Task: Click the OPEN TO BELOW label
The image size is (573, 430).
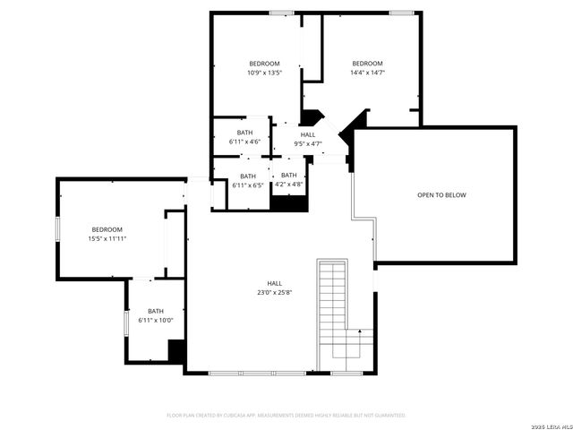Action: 441,194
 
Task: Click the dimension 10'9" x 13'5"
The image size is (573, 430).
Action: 264,73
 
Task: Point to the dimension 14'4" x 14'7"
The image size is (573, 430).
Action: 367,73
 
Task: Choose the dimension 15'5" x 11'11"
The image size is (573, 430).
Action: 106,239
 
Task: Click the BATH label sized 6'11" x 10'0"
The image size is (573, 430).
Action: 156,321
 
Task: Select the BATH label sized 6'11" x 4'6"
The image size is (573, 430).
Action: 244,133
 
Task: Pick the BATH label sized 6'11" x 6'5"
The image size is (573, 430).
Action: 248,176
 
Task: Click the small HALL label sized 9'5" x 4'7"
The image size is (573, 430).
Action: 308,134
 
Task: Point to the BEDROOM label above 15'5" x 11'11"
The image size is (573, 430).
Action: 106,229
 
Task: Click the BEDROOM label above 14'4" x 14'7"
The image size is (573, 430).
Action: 367,64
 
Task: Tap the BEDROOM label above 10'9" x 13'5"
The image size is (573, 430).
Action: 264,64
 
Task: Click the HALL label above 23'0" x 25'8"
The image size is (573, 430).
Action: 274,282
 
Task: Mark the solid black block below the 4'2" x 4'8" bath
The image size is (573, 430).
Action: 289,203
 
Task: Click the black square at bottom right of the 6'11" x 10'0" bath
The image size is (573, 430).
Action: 177,351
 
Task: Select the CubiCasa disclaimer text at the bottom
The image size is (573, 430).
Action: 286,416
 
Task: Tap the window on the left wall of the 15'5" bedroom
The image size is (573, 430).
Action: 57,229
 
